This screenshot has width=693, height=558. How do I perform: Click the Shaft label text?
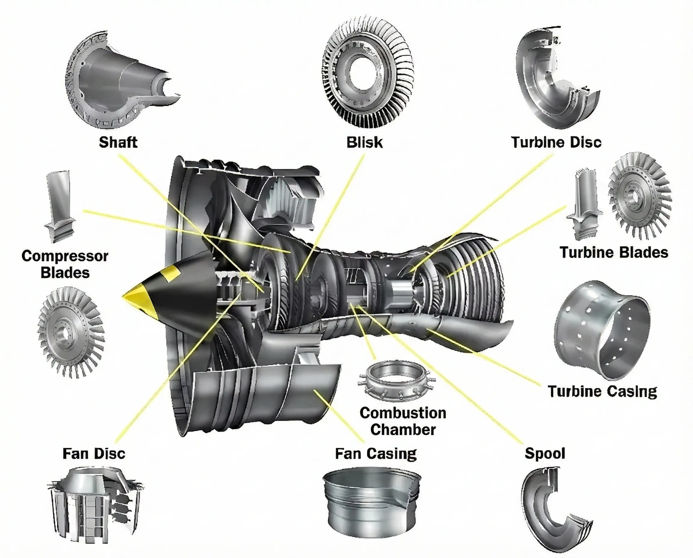tap(118, 142)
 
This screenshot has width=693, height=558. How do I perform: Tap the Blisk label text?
tap(364, 143)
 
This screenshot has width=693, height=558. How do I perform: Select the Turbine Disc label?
tap(556, 142)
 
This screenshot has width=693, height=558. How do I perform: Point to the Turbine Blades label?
tap(614, 252)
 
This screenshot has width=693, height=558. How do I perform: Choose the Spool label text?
tap(545, 453)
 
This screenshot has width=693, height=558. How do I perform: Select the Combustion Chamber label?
tap(403, 421)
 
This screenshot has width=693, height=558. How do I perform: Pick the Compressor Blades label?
tap(65, 264)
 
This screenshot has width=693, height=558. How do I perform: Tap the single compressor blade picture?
tap(60, 206)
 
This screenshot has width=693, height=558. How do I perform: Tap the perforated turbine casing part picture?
tap(601, 331)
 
